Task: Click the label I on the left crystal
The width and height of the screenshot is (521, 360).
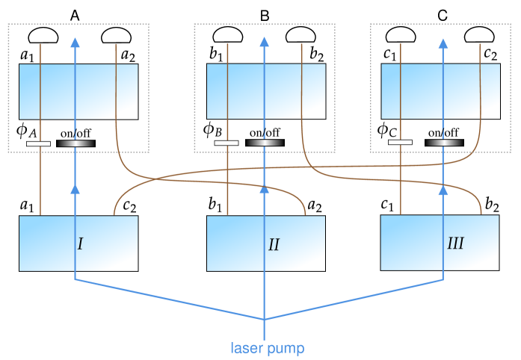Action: point(80,244)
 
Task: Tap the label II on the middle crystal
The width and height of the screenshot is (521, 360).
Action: point(274,245)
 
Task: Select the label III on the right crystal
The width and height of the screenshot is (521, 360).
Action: point(455,243)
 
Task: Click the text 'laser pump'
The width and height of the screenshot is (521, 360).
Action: point(268,348)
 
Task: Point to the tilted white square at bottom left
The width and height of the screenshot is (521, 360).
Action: point(70,310)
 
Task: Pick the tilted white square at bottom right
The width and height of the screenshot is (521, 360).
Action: point(449,310)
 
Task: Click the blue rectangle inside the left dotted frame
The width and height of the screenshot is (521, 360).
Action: point(78,91)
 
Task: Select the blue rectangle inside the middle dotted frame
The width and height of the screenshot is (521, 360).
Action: point(266,91)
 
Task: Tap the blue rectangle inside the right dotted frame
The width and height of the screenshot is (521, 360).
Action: point(440,91)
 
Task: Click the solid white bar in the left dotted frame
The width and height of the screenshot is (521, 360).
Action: point(38,143)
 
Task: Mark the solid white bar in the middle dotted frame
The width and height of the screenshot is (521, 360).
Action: point(226,143)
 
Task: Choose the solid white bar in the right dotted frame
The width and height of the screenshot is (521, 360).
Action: point(400,142)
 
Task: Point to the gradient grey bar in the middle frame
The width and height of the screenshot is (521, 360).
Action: point(265,143)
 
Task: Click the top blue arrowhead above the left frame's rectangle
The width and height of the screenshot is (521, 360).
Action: point(74,43)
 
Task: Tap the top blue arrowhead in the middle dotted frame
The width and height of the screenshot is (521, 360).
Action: point(263,43)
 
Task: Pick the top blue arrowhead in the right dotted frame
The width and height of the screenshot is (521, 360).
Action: point(443,43)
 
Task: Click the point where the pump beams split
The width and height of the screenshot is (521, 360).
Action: point(263,319)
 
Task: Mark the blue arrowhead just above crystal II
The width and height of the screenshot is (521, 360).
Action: point(263,190)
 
